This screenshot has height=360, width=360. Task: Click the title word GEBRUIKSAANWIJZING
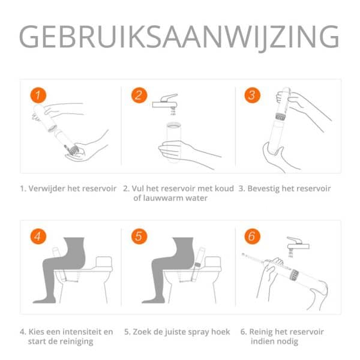point(179,37)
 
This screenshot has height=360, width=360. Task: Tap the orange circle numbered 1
point(38,95)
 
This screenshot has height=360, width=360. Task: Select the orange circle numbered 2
point(139,95)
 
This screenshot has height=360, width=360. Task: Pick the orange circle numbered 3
point(253,95)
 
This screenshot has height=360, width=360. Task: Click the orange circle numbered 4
point(38,236)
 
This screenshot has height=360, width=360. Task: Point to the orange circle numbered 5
point(139,236)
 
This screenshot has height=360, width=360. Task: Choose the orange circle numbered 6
point(253,236)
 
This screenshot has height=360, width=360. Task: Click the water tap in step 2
point(166,101)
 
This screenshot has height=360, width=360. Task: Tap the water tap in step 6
point(298,244)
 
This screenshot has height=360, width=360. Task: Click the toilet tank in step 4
point(104,262)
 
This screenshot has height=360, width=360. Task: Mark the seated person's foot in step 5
point(153,299)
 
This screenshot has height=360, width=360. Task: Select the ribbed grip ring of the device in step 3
point(280,117)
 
